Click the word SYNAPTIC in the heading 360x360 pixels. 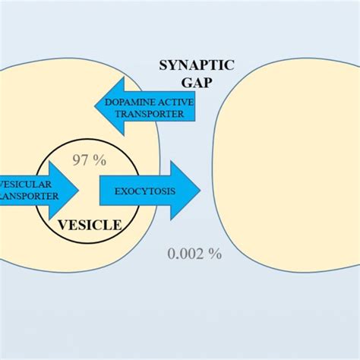(197, 65)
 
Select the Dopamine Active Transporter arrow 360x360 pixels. (144, 107)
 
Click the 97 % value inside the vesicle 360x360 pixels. (89, 159)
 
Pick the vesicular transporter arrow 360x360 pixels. (38, 189)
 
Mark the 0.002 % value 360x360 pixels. (194, 254)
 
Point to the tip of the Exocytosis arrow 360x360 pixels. (199, 190)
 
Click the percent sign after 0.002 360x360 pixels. (216, 254)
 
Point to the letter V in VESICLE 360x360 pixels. (65, 225)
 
